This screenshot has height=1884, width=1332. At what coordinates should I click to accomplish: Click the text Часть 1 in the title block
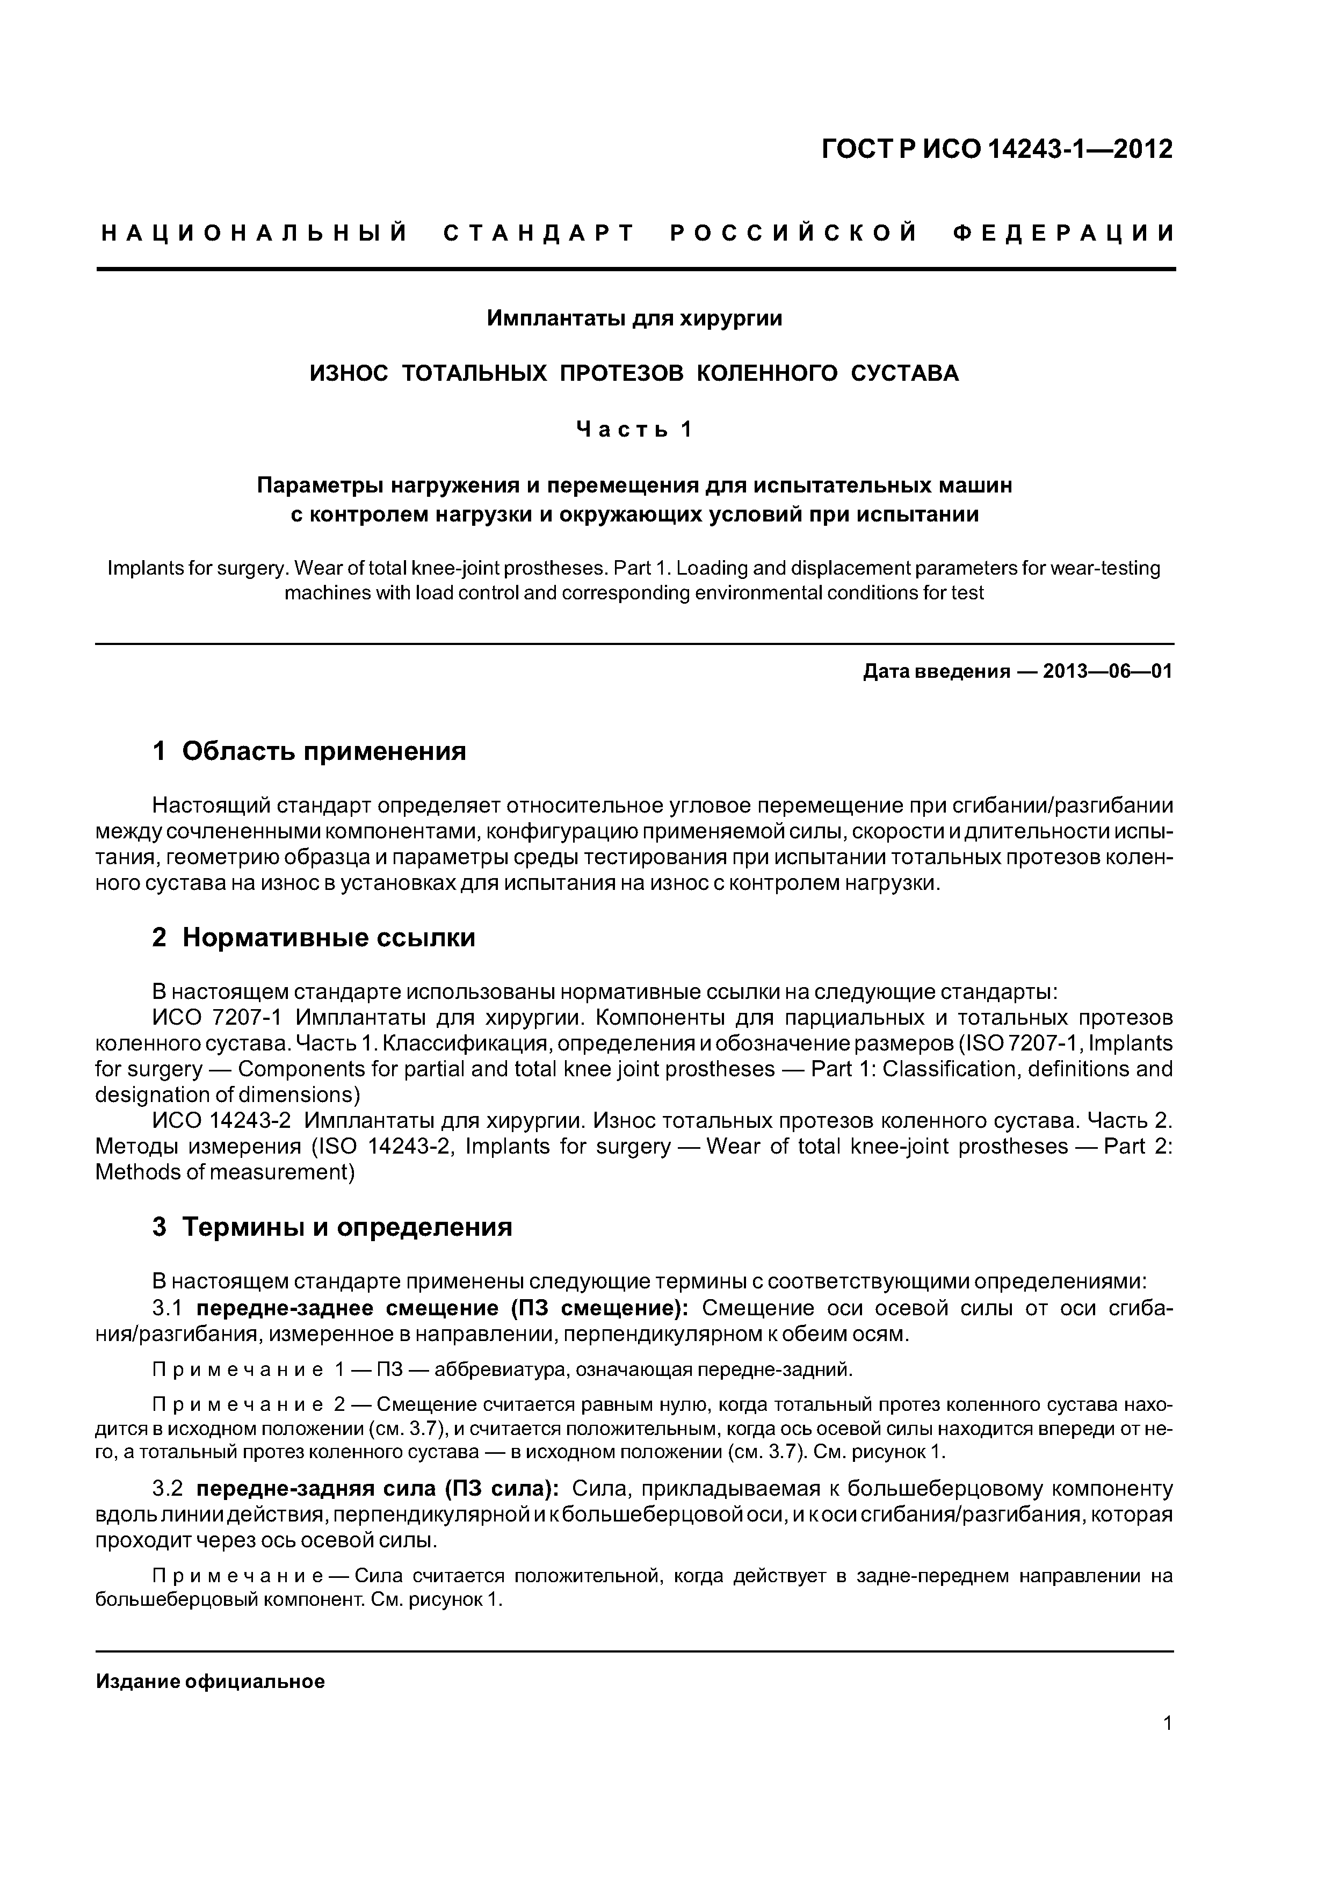coord(634,429)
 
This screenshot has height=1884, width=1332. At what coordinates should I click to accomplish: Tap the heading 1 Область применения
coord(309,751)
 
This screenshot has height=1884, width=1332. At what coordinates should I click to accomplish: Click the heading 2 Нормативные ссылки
coord(314,937)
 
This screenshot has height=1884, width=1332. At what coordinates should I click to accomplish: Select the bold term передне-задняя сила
coord(318,1488)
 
